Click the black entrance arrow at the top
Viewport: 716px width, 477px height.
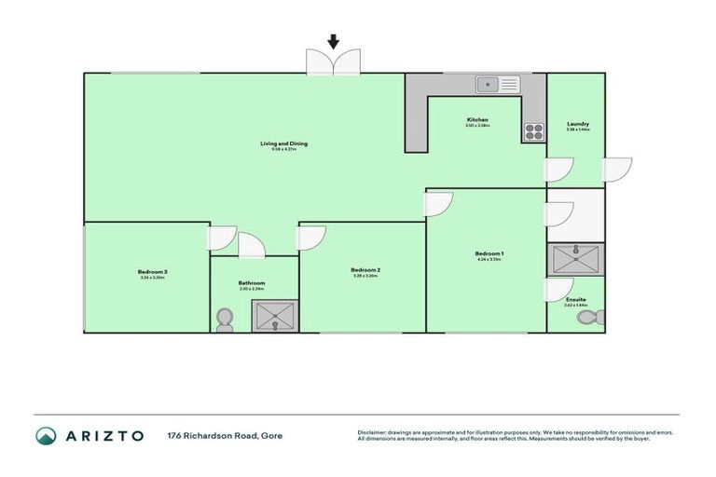click(333, 41)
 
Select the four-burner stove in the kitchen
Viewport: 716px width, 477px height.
click(532, 131)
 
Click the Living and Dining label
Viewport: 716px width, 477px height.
click(283, 143)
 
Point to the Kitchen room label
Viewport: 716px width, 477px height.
click(477, 121)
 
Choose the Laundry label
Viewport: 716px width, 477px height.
click(577, 125)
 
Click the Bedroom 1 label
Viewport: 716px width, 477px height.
click(489, 253)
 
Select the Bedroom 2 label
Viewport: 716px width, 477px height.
click(365, 271)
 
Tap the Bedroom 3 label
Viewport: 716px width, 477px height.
click(152, 272)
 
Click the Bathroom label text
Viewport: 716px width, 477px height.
click(252, 283)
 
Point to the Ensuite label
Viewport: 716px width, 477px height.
click(576, 299)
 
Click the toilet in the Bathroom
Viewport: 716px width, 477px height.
click(224, 320)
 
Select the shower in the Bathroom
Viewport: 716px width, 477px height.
click(276, 319)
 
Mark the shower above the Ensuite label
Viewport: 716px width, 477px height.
click(575, 258)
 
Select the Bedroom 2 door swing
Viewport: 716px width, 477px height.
click(310, 238)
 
